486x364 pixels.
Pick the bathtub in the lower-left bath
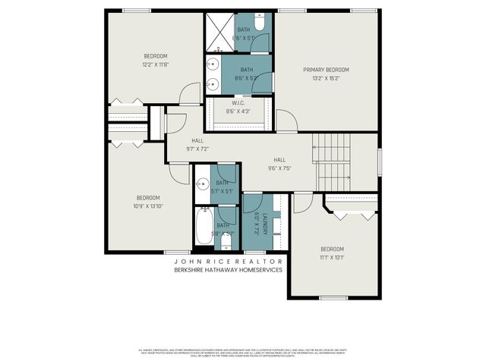(x=204, y=226)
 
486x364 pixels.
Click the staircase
(x=333, y=163)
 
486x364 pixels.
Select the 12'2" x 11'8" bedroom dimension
(x=156, y=64)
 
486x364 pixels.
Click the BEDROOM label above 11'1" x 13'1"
(x=332, y=249)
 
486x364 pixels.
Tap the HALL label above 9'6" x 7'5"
(x=279, y=160)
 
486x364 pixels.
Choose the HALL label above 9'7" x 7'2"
(x=197, y=141)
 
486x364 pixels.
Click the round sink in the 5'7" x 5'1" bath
(x=203, y=182)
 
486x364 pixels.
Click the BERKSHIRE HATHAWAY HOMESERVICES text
(x=228, y=269)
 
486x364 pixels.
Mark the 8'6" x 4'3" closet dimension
(x=239, y=112)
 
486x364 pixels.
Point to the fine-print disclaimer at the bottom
(x=241, y=353)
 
